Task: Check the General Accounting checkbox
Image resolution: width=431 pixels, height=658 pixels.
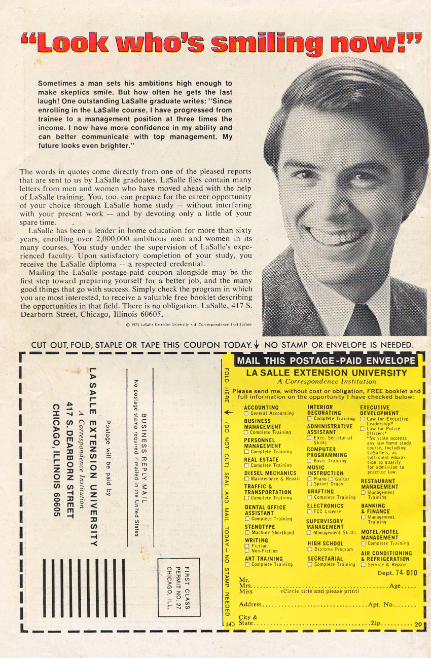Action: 246,414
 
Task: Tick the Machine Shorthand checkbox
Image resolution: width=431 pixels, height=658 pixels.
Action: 247,533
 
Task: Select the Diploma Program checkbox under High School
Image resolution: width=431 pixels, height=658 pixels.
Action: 310,550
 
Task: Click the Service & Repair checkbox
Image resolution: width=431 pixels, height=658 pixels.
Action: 364,564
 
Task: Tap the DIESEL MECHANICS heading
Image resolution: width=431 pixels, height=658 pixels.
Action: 270,473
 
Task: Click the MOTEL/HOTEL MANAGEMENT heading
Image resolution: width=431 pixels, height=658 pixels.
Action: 380,534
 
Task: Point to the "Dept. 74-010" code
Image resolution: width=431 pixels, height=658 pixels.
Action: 397,573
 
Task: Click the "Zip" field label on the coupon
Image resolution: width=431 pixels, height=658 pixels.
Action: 376,623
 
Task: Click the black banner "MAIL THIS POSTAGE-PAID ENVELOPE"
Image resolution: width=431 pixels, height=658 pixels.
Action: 326,361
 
